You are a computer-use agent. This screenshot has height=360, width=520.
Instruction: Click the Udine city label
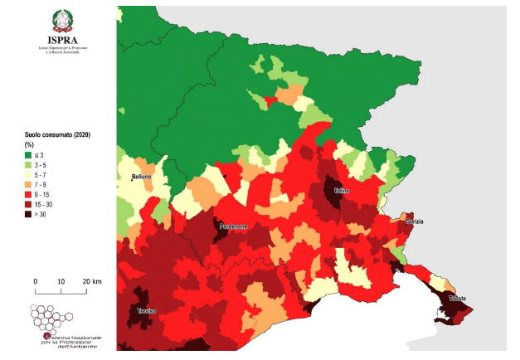[x=342, y=191]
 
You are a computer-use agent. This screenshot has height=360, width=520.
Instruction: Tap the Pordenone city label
[x=234, y=226]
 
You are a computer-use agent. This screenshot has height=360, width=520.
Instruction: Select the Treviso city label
[x=148, y=310]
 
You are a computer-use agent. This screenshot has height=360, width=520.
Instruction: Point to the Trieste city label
[x=457, y=298]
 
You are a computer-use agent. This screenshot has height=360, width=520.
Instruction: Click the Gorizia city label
[x=415, y=221]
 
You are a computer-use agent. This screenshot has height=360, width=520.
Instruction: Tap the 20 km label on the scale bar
[x=90, y=282]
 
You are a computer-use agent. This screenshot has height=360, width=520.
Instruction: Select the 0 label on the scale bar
[x=36, y=282]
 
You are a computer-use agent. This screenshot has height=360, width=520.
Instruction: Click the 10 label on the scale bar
[x=61, y=282]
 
